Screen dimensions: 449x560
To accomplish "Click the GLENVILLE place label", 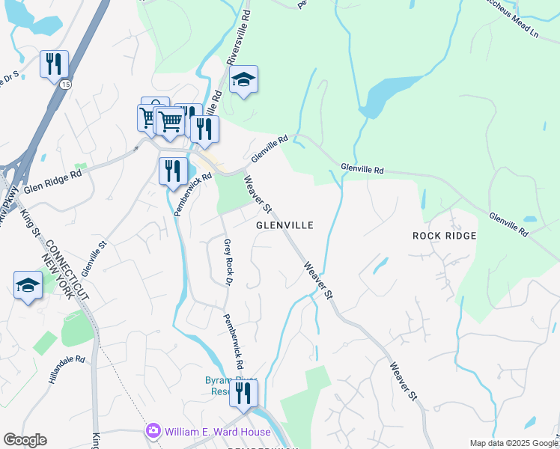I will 284,224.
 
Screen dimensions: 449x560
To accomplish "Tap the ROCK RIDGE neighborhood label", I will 444,236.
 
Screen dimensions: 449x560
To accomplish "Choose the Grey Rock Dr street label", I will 227,260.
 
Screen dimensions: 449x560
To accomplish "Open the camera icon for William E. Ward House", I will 153,431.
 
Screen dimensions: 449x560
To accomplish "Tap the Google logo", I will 25,439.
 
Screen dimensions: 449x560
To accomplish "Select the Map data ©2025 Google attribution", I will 514,443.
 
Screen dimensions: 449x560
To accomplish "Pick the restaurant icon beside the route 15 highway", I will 54,65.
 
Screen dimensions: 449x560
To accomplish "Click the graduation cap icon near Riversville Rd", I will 243,79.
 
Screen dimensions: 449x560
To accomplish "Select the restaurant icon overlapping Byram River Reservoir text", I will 243,393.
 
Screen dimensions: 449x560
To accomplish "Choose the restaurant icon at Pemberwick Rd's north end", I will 173,171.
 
